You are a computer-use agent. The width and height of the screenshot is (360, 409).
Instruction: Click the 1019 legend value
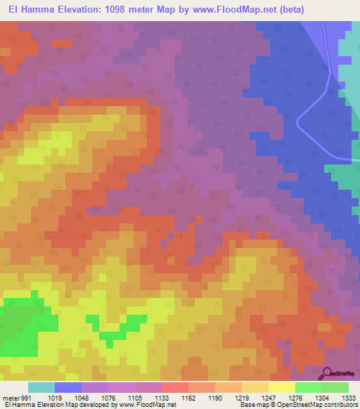pos(55,397)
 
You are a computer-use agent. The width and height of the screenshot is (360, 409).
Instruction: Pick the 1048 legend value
pos(82,397)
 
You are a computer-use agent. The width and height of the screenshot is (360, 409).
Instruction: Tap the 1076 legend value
pos(108,397)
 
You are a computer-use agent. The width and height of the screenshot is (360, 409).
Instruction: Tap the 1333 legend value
pos(347,397)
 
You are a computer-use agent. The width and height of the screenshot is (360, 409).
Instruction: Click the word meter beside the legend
pos(12,397)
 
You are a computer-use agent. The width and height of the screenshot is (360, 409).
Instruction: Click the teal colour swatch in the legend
pos(41,387)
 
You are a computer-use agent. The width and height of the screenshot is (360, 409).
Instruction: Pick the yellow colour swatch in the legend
pos(282,387)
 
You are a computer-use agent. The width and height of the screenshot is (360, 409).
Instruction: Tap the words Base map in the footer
pos(251,405)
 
